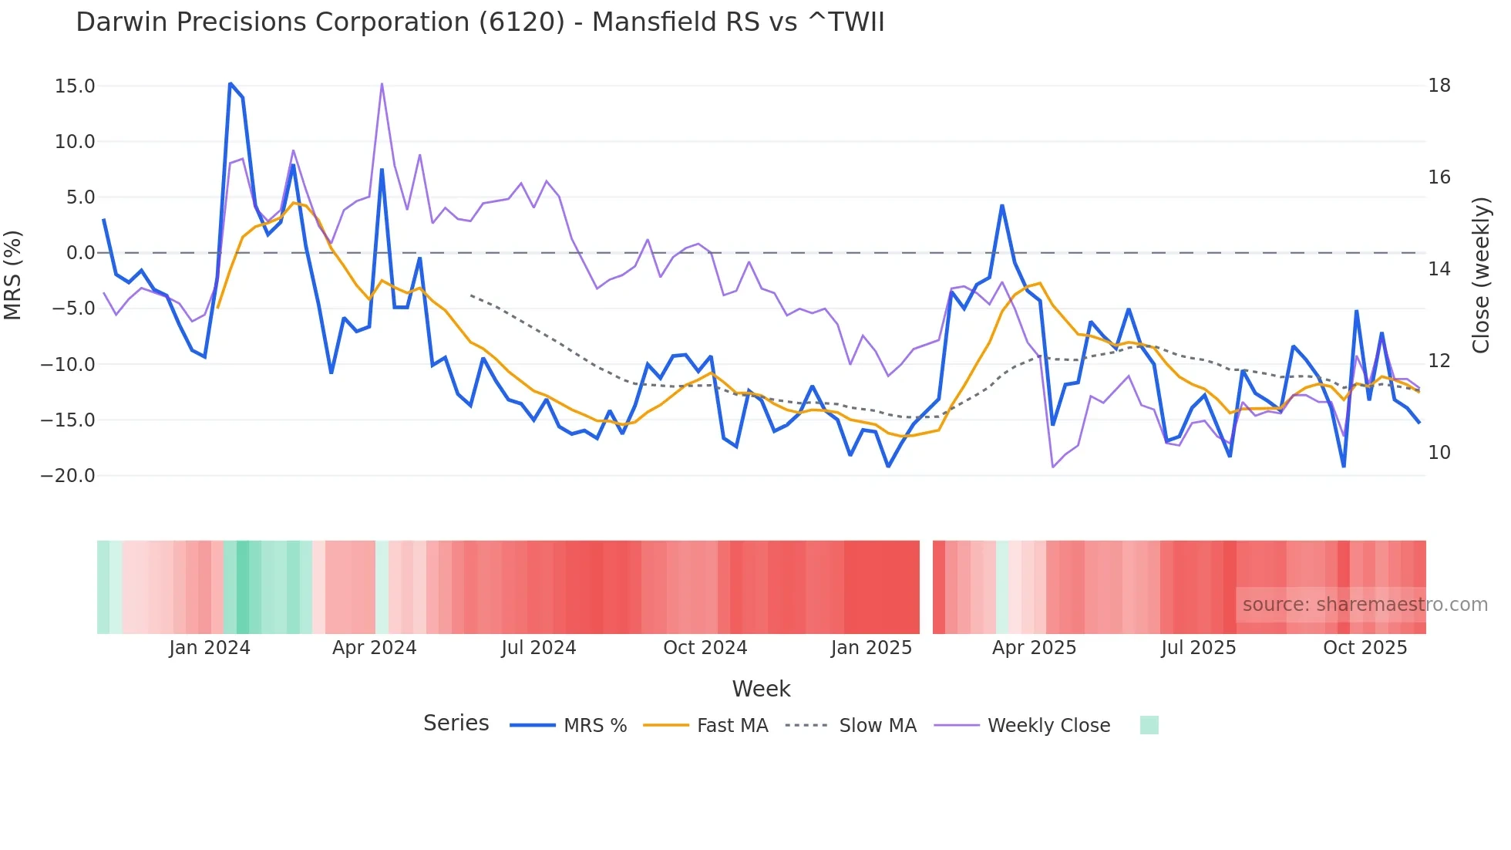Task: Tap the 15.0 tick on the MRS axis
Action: point(75,86)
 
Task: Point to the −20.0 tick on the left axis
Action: point(68,476)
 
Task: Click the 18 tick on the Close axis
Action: point(1439,86)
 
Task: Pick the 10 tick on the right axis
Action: point(1439,453)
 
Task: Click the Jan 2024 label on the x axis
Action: point(210,648)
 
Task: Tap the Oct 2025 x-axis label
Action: point(1365,648)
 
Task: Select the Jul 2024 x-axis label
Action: point(538,648)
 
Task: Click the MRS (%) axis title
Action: point(13,275)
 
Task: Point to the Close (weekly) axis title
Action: point(1481,275)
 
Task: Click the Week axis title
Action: point(761,689)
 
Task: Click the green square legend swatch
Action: point(1149,725)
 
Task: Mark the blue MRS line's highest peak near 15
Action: point(231,83)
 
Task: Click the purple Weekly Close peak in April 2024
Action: point(382,84)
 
